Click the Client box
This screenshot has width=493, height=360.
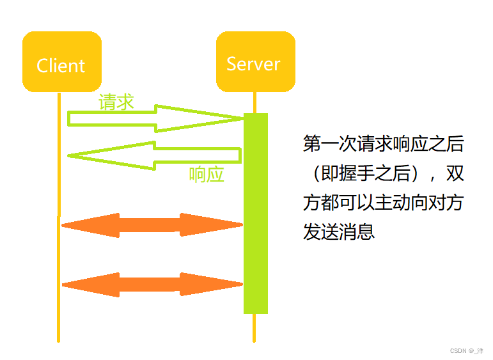[x=62, y=61]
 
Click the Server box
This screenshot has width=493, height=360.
[x=256, y=61]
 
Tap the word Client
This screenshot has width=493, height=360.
[x=61, y=66]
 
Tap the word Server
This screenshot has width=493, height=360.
[x=253, y=64]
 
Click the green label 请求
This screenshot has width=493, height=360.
[x=116, y=102]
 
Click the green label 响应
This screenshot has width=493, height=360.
[x=207, y=175]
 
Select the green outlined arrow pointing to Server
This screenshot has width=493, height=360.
[x=155, y=118]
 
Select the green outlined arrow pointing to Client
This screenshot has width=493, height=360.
[x=154, y=155]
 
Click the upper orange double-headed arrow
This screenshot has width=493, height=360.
[x=152, y=225]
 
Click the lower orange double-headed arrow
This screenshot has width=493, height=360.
[x=152, y=285]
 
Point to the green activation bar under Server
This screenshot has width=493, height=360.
[x=256, y=214]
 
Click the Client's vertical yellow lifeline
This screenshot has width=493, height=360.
[x=59, y=217]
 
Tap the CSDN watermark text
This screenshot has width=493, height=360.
[x=467, y=350]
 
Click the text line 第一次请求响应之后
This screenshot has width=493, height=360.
[x=383, y=144]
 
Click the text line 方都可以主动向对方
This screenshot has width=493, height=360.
[x=383, y=203]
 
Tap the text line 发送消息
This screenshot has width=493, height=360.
[x=339, y=231]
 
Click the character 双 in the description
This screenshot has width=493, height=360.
[x=455, y=173]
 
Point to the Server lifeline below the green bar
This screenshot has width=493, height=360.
[x=254, y=328]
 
